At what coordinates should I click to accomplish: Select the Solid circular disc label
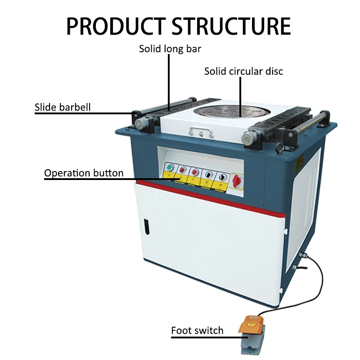243,71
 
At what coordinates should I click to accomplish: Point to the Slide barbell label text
63,107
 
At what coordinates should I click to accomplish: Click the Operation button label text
84,173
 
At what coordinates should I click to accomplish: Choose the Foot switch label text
197,331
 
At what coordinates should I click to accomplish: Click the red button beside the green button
183,171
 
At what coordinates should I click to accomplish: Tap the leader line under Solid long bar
170,81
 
